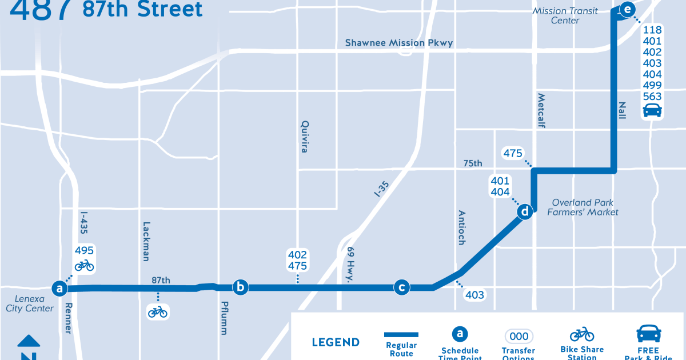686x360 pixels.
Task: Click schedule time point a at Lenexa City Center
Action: coord(59,288)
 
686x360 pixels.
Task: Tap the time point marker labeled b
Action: coord(241,287)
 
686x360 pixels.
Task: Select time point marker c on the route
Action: coord(402,287)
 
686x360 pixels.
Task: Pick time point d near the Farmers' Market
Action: coord(525,212)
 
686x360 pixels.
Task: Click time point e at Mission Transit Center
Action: coord(627,9)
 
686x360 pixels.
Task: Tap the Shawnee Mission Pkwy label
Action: coord(399,43)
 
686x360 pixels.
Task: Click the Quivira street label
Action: coord(305,136)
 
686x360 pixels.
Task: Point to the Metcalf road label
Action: coord(541,110)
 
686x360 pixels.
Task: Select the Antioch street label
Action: coord(461,227)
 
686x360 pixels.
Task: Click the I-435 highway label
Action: coord(84,227)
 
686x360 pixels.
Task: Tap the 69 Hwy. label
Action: coord(350,264)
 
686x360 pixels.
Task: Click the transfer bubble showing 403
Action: coord(474,295)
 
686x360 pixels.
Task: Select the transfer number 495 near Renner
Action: coord(84,251)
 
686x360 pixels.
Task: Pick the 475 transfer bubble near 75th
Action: coord(513,153)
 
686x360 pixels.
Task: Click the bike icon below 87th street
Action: coord(158,311)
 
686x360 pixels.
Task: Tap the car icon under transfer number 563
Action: coord(652,110)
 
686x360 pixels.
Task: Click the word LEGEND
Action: coord(336,343)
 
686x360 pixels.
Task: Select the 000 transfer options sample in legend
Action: coord(519,337)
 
